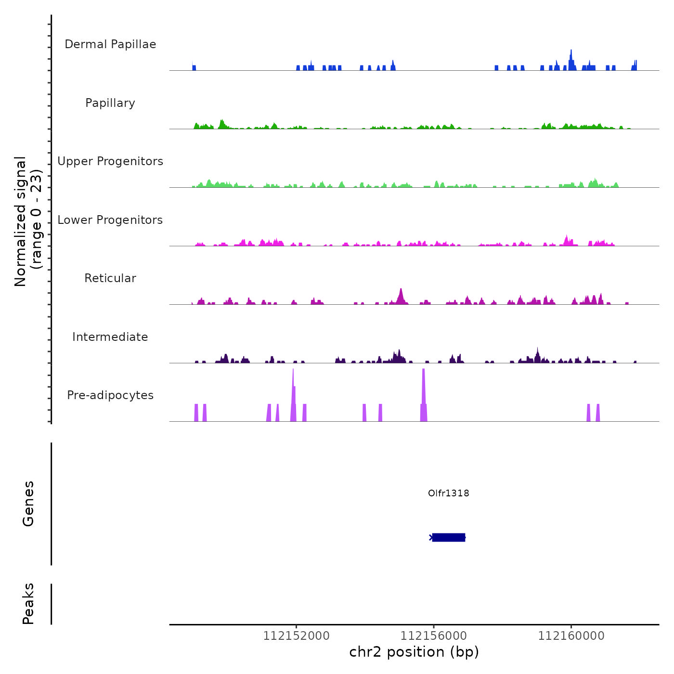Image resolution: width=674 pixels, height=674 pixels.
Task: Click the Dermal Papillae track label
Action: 110,44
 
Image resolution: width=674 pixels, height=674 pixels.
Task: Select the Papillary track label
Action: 110,103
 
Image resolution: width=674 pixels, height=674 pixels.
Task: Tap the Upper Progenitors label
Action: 110,161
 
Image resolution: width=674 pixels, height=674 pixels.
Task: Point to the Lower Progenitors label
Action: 110,220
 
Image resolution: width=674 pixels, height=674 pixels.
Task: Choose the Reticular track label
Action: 110,278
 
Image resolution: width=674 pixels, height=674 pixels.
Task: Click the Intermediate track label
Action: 110,337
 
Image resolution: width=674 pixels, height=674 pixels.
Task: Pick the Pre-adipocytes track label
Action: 110,395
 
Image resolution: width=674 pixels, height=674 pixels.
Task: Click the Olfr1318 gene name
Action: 448,493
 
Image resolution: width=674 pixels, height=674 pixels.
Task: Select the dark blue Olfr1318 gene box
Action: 449,537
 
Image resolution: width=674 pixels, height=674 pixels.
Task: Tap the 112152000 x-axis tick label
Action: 297,636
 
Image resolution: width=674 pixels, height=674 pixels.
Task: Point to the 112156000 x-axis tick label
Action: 434,636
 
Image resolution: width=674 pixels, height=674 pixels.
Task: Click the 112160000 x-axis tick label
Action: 571,636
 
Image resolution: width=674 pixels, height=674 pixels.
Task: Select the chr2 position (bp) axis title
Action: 414,652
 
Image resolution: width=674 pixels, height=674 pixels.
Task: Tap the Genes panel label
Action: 28,504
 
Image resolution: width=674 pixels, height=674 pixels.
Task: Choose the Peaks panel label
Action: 28,604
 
